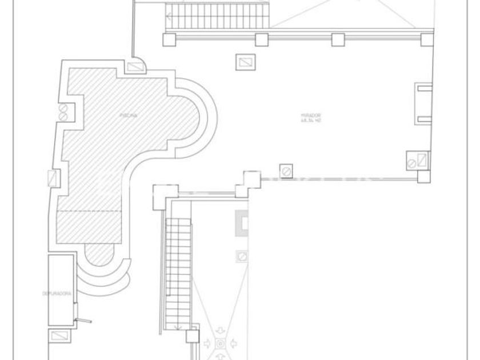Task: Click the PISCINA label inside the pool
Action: (128, 115)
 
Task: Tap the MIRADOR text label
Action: (310, 115)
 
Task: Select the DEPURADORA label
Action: (57, 293)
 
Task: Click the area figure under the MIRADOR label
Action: (310, 121)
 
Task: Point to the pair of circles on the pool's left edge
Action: (63, 112)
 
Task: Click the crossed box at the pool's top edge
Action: (137, 67)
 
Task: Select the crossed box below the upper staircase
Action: (245, 62)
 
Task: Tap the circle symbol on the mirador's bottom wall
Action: (286, 170)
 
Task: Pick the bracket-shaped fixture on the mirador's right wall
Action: (423, 103)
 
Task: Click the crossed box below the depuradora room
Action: (58, 335)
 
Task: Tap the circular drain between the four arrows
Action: (221, 343)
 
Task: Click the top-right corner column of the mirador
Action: (426, 39)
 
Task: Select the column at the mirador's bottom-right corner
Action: (423, 177)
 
